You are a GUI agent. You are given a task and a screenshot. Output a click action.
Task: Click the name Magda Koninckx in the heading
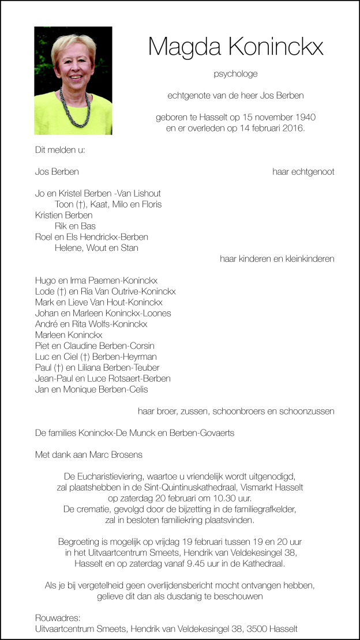pos(235,46)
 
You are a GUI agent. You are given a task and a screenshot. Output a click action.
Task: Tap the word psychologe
pos(235,74)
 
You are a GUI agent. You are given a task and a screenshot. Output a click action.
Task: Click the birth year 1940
pos(304,117)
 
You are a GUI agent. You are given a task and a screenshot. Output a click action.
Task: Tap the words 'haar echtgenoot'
pos(303,172)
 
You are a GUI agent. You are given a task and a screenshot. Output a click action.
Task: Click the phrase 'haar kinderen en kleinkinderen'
pos(277,259)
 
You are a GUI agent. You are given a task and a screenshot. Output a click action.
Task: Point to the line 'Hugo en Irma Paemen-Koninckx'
pos(96,280)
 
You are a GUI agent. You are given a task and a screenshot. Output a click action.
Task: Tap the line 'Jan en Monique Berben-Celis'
pos(91,389)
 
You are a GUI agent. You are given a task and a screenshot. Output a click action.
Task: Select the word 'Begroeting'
pos(79,542)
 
